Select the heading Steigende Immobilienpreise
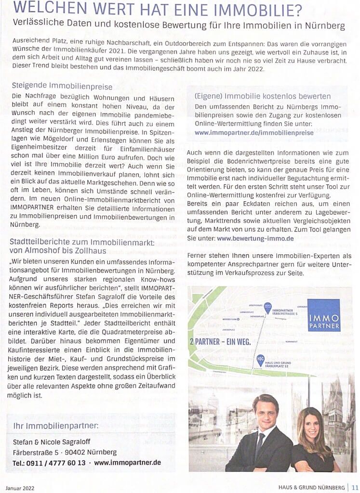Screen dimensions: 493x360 click(62, 87)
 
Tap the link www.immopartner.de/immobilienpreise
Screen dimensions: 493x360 click(254, 132)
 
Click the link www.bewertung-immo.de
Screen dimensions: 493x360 click(255, 238)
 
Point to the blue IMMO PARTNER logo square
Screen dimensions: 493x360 click(323, 315)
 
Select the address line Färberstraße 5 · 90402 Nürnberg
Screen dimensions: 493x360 click(65, 452)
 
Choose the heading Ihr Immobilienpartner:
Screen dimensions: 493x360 click(56, 426)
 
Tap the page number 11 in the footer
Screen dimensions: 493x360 click(354, 487)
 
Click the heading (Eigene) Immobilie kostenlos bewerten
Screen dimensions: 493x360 click(262, 96)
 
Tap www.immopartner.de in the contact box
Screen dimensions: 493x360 click(128, 463)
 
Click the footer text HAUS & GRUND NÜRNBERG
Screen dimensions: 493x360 click(311, 487)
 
